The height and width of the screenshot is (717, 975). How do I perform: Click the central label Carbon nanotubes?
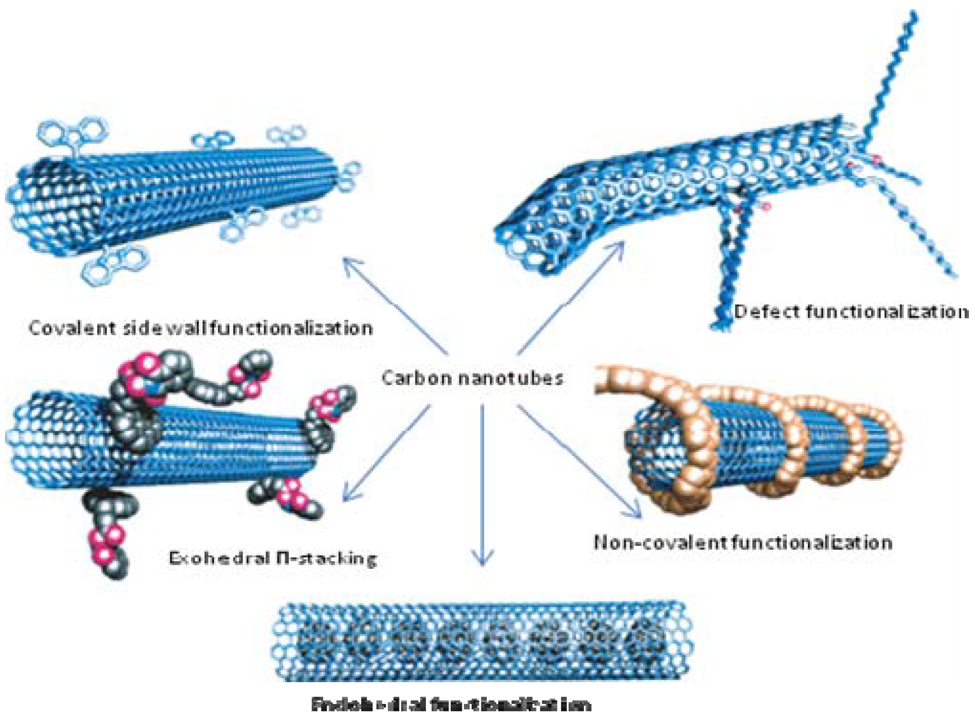472,378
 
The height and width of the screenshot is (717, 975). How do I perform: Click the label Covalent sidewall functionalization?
200,329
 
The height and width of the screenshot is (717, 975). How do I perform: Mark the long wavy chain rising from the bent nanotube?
890,87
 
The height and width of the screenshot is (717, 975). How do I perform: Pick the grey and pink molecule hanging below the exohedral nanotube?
108,534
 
